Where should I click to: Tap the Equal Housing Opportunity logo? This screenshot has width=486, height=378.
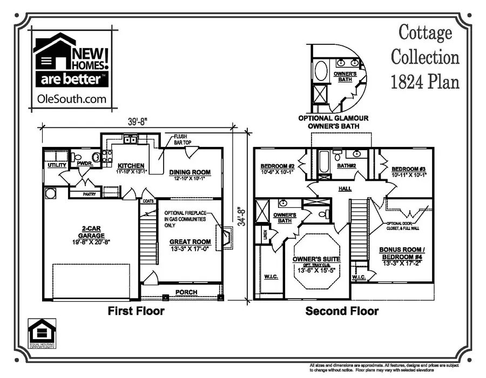click(42, 333)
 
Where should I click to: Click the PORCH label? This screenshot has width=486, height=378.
click(186, 293)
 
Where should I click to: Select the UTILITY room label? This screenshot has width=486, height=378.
click(57, 165)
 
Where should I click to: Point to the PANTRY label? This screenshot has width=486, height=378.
click(90, 194)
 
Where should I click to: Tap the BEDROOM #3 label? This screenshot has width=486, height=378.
click(409, 168)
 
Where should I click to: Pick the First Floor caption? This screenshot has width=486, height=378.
click(136, 311)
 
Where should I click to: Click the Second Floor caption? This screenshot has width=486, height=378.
click(342, 311)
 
